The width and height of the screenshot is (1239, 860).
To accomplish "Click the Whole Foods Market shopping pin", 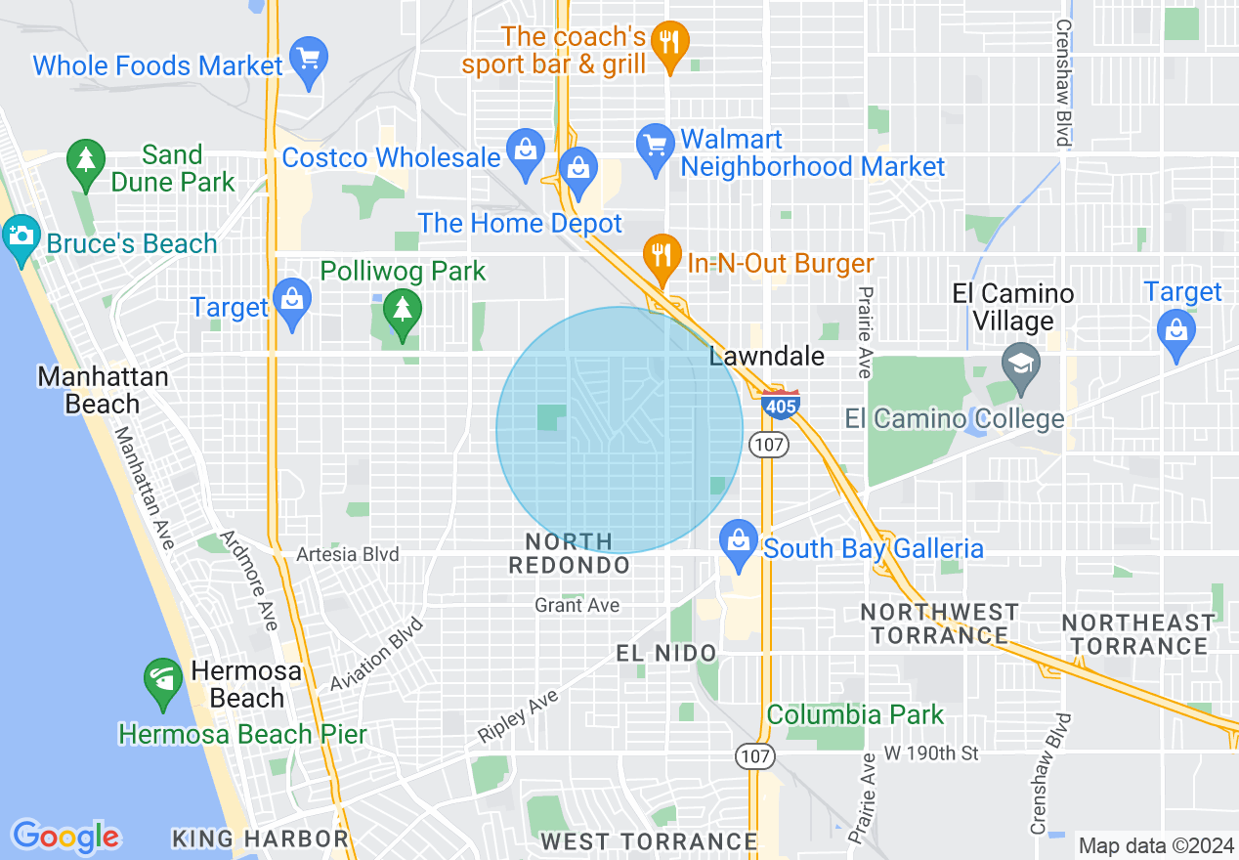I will click(309, 62).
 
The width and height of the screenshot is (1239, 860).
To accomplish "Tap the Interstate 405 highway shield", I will click(781, 404).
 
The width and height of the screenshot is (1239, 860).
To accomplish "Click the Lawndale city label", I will click(766, 357).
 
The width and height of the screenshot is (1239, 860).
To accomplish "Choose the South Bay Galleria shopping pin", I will click(738, 545).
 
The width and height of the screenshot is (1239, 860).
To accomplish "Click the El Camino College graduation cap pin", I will click(1020, 367).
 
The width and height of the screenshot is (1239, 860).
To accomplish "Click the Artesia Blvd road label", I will click(348, 554).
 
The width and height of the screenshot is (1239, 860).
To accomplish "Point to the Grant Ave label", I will click(577, 606).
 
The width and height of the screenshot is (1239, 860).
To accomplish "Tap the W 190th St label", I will click(931, 753).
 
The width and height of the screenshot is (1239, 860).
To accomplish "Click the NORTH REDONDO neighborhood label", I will click(569, 553).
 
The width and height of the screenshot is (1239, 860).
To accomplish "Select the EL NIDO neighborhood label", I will click(666, 653).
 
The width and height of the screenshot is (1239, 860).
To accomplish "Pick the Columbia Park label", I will click(855, 714).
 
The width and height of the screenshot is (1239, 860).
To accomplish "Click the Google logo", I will click(65, 837).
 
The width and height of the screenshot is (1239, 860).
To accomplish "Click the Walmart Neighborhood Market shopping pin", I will click(652, 148).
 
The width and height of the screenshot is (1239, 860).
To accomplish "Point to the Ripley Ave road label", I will click(517, 716).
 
